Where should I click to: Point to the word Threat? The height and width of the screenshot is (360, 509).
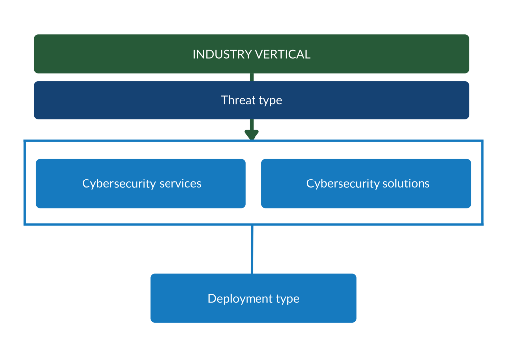(237, 100)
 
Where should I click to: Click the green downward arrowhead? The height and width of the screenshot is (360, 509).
(252, 134)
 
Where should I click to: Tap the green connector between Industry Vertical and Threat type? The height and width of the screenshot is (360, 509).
(252, 77)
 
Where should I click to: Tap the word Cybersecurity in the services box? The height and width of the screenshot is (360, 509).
(119, 183)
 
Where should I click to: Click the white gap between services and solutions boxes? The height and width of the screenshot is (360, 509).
(253, 183)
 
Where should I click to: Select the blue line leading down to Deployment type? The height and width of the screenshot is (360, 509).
(252, 249)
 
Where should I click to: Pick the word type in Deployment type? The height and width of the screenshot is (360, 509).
(287, 299)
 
